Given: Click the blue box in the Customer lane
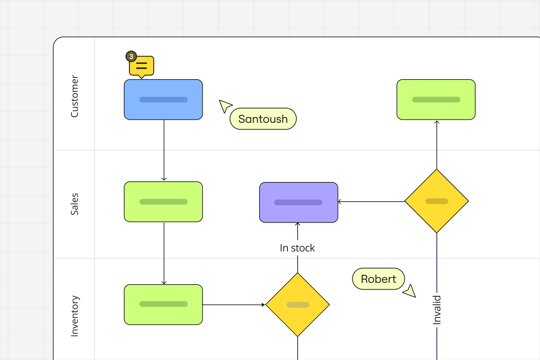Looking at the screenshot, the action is pyautogui.click(x=163, y=99).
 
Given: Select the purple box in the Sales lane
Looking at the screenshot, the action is pyautogui.click(x=298, y=202).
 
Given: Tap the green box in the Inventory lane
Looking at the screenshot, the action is pyautogui.click(x=163, y=305).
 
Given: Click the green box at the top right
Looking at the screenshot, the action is pyautogui.click(x=436, y=99).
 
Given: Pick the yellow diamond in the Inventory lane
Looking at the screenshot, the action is pyautogui.click(x=297, y=305).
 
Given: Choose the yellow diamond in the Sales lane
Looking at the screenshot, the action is pyautogui.click(x=436, y=201).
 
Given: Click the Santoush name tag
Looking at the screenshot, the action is pyautogui.click(x=263, y=119).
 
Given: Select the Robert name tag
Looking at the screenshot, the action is pyautogui.click(x=379, y=279).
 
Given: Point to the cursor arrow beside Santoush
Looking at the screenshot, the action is pyautogui.click(x=225, y=106).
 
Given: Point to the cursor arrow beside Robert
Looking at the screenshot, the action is pyautogui.click(x=410, y=291).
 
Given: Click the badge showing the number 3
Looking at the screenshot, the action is pyautogui.click(x=131, y=57).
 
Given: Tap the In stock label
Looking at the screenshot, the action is pyautogui.click(x=297, y=248).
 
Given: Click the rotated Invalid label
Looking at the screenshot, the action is pyautogui.click(x=436, y=310).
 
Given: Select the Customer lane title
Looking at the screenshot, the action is pyautogui.click(x=74, y=96).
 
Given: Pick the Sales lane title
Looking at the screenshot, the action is pyautogui.click(x=74, y=204).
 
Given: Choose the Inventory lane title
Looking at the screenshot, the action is pyautogui.click(x=74, y=316).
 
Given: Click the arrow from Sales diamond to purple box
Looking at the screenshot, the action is pyautogui.click(x=371, y=202).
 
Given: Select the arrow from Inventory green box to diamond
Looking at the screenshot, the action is pyautogui.click(x=234, y=305).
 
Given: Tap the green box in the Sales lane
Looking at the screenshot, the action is pyautogui.click(x=163, y=202).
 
